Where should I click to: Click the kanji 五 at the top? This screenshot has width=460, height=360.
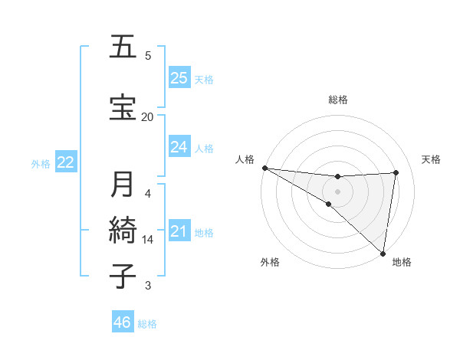(123, 47)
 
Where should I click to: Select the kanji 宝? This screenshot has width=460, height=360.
(123, 106)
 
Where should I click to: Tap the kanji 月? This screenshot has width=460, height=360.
(123, 185)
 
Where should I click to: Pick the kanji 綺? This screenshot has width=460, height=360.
(123, 231)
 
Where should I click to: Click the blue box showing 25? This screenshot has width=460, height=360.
(179, 77)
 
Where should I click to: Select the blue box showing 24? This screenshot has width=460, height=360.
(179, 146)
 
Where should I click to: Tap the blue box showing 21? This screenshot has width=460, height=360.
(179, 231)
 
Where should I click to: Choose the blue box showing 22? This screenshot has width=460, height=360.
(66, 162)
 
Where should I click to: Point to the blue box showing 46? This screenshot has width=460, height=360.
(123, 322)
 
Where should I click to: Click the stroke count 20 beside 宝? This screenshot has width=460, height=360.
(147, 116)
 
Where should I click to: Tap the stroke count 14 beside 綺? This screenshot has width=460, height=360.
(148, 240)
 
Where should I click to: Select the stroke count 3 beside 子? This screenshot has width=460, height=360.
(148, 286)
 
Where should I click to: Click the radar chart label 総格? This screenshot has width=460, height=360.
(337, 100)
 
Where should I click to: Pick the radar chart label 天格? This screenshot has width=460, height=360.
(432, 159)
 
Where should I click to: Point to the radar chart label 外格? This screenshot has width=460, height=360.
(270, 263)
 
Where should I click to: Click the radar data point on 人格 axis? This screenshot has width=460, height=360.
(264, 168)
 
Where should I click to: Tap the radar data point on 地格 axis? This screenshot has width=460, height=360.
(383, 252)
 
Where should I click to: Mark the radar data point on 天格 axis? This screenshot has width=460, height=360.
(396, 173)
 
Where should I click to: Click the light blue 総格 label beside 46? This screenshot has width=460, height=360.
(147, 324)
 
